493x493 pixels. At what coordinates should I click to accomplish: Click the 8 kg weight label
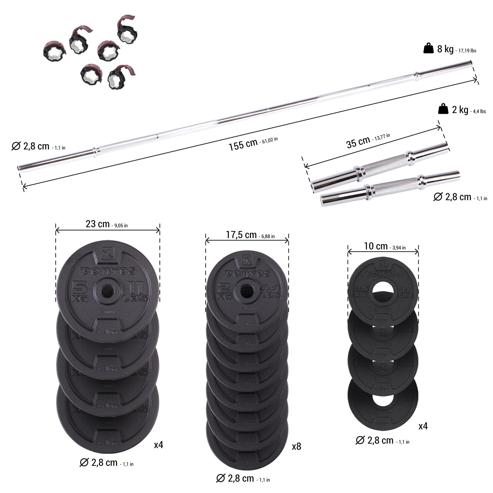click(445, 49)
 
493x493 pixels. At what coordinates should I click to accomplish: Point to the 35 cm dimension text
click(358, 142)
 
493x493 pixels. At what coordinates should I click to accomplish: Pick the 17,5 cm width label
click(241, 235)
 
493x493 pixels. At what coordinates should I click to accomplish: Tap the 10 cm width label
click(376, 246)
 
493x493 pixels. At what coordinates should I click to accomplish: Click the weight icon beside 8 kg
click(428, 49)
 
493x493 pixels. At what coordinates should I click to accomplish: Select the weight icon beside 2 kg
click(443, 109)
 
